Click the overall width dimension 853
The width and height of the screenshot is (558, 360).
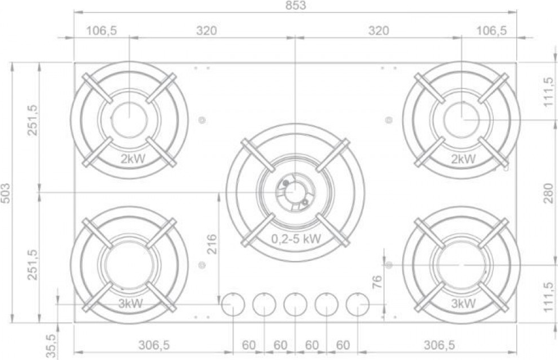tap(295, 5)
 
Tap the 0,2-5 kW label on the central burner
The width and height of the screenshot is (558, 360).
tap(296, 239)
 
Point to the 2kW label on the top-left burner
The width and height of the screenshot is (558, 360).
tap(133, 158)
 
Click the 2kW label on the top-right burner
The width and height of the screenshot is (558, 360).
tap(463, 158)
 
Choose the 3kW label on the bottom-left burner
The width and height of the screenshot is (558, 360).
tap(131, 304)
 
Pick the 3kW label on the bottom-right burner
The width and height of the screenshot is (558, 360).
tap(463, 304)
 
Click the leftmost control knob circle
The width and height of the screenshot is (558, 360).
tap(233, 305)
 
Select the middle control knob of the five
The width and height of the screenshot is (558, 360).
tap(295, 305)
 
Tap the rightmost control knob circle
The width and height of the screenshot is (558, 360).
tap(357, 305)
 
